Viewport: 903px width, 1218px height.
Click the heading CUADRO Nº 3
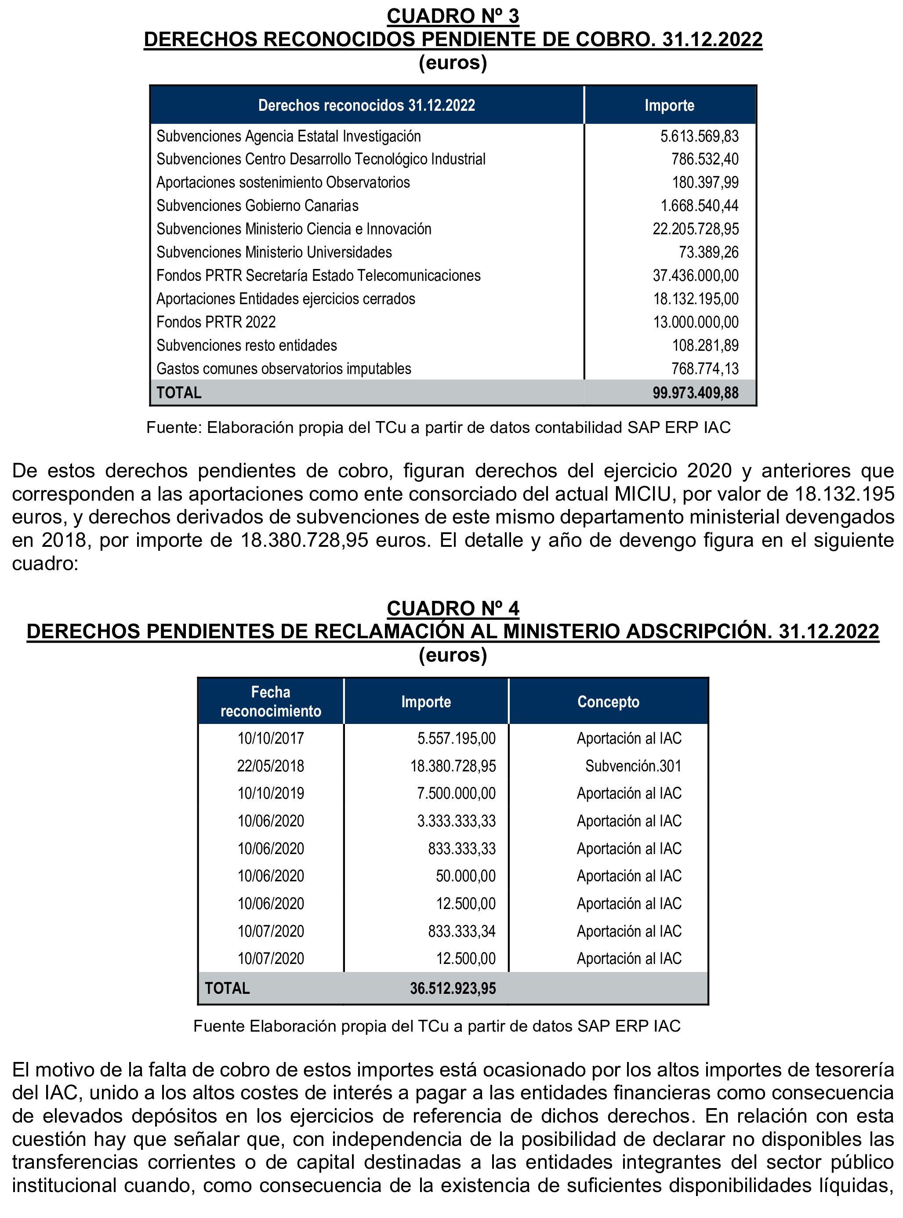click(453, 16)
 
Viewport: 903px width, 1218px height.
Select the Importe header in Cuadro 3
click(669, 105)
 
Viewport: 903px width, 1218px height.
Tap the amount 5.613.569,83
click(699, 136)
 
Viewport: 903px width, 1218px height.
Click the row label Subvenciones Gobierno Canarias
click(257, 206)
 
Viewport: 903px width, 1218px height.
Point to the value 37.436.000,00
click(695, 276)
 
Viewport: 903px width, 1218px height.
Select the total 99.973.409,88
click(695, 393)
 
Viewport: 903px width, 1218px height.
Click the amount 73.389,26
click(708, 252)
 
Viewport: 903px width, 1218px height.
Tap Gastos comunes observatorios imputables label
click(284, 368)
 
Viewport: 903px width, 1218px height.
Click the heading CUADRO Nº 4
click(453, 608)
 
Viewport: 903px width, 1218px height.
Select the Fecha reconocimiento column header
click(271, 702)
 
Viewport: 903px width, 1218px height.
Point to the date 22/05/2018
click(271, 765)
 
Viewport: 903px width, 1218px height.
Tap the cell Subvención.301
click(633, 765)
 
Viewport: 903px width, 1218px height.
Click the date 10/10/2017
click(271, 738)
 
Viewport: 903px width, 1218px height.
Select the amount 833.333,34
click(461, 931)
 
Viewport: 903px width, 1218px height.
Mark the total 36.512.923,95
click(453, 988)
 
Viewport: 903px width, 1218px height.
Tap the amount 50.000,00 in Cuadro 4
click(465, 876)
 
